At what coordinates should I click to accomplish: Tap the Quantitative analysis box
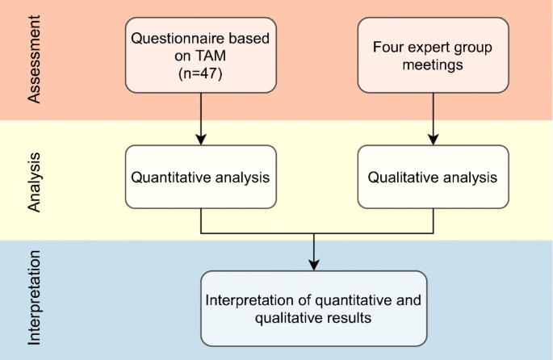point(201,175)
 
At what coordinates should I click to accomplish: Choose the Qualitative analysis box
point(433,175)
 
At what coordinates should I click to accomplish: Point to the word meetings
point(434,65)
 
